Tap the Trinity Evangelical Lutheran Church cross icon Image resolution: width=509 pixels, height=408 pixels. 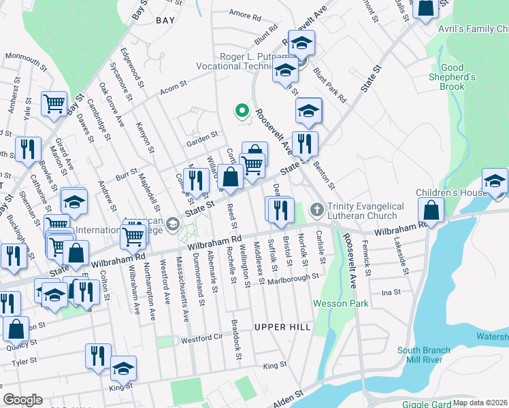coord(316,211)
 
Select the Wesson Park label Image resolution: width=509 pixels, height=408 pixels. coord(335,303)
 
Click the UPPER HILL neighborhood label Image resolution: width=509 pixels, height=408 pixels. coord(276,327)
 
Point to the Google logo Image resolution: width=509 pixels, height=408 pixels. coord(22,400)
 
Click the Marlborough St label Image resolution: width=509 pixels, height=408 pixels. coord(293,279)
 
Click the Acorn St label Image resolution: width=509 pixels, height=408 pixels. coord(173,92)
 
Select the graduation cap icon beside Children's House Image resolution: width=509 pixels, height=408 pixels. coord(495,180)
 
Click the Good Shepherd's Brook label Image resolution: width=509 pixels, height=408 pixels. coord(453,77)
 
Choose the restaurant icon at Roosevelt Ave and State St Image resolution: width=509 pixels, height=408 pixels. coord(306,143)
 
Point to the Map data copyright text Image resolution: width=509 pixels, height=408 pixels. coord(480,403)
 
